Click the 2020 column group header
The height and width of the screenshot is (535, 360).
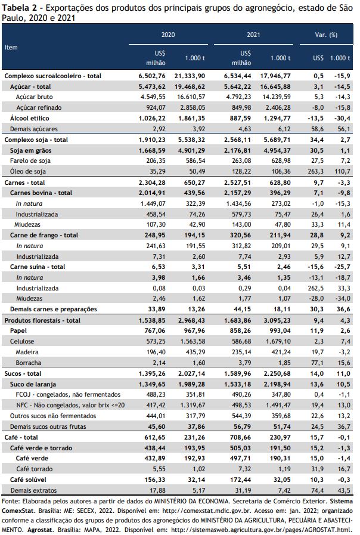click(x=168, y=35)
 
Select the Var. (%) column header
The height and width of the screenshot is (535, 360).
click(x=326, y=35)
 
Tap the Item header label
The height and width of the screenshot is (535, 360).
click(x=11, y=47)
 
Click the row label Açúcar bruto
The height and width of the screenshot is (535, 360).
click(x=34, y=97)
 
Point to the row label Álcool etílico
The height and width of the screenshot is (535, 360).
click(x=29, y=119)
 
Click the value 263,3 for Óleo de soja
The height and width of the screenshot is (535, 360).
click(x=316, y=171)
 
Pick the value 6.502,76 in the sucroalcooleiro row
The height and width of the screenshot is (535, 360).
click(x=152, y=76)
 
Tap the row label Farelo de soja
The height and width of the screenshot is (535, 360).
click(x=30, y=160)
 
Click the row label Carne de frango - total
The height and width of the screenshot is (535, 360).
click(x=44, y=235)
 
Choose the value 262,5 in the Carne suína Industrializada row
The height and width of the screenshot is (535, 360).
click(x=316, y=288)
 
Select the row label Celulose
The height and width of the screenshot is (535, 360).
click(x=22, y=341)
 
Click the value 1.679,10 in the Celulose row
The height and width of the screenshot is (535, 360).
click(x=277, y=341)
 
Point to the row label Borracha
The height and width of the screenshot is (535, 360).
click(x=28, y=363)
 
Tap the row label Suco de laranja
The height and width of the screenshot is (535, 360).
click(x=33, y=384)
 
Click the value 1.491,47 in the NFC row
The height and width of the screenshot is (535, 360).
click(x=277, y=406)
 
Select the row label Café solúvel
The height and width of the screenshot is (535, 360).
click(x=28, y=480)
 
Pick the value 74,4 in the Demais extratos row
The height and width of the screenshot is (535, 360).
click(x=317, y=490)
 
